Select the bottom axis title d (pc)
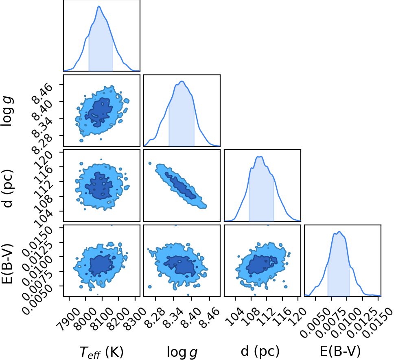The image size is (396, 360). point(260,351)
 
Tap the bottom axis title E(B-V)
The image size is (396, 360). point(340,351)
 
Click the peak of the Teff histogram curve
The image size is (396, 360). point(99,6)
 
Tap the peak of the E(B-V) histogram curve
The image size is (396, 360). point(339,231)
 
